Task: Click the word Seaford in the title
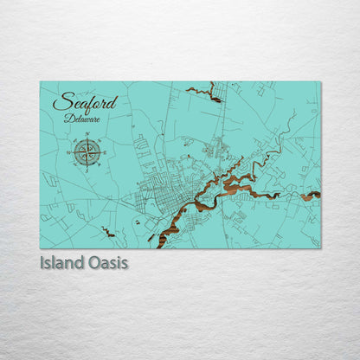click(x=85, y=102)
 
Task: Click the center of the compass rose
click(x=87, y=152)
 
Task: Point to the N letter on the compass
click(x=87, y=135)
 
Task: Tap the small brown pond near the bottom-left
click(x=107, y=232)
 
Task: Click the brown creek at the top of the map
click(x=205, y=92)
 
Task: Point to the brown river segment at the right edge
click(x=311, y=196)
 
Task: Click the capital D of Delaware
click(x=67, y=119)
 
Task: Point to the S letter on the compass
click(x=87, y=170)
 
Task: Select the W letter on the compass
click(x=68, y=153)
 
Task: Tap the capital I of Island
click(x=42, y=262)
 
